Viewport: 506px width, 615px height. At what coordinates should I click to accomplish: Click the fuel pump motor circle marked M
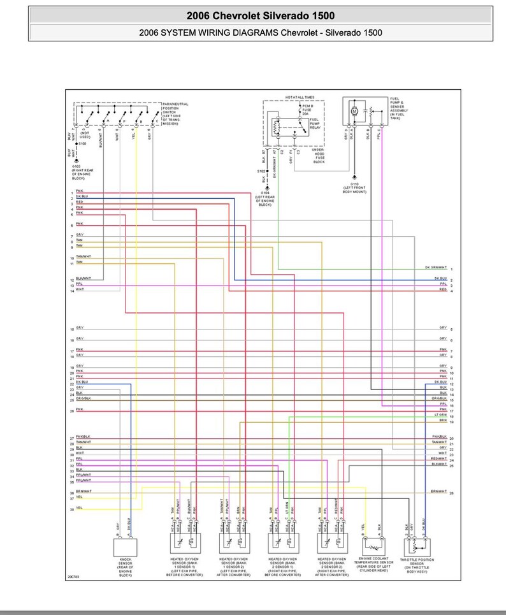(x=355, y=111)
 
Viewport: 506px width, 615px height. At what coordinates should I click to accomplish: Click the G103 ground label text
(x=80, y=170)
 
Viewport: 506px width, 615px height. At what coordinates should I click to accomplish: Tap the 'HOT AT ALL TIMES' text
(x=300, y=97)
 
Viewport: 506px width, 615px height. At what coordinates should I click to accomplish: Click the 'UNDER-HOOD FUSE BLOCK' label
(x=318, y=156)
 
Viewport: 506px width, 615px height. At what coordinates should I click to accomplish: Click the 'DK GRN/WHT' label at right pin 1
(x=436, y=268)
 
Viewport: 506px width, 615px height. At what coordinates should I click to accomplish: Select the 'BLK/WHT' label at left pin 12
(x=83, y=279)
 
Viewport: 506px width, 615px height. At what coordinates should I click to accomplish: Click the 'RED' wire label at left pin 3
(x=79, y=202)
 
